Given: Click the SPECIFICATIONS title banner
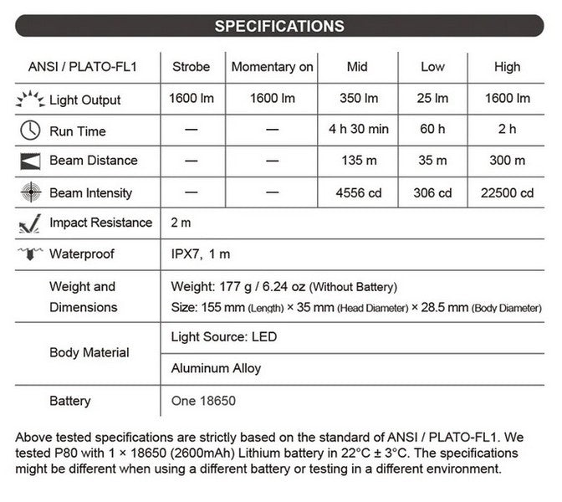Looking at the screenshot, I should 278,25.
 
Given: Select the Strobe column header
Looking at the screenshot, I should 191,67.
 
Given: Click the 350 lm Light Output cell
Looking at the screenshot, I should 360,99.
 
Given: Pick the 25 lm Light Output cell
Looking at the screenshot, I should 433,99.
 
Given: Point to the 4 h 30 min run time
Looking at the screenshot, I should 360,130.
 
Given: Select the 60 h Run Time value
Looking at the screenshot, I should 433,130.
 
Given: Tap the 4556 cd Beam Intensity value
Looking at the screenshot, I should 360,192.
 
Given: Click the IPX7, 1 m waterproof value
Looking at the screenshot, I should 201,254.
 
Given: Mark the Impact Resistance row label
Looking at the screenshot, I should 100,223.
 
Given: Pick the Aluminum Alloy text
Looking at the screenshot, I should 216,368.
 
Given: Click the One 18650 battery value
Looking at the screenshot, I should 203,401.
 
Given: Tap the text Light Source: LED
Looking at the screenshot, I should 223,337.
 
